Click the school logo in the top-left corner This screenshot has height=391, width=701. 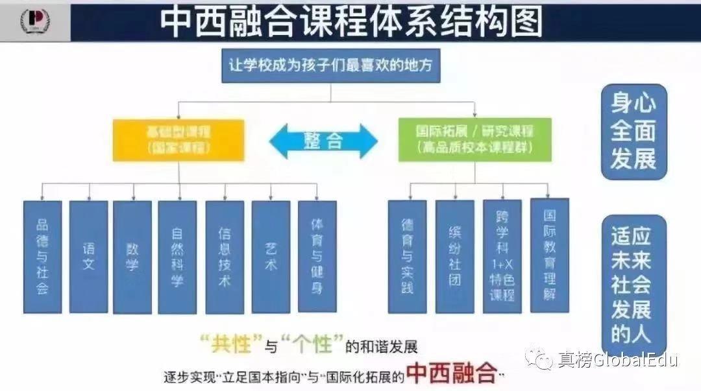point(35,21)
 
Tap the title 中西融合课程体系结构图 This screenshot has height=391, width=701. point(350,21)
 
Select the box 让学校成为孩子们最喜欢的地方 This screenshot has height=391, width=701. point(331,65)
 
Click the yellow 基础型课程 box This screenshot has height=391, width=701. point(178,139)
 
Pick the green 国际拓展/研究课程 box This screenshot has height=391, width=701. point(474,139)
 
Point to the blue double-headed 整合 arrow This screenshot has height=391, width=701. point(323,140)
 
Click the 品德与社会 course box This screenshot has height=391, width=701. point(42,257)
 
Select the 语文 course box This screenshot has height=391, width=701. point(88,257)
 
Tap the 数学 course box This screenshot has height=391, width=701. point(132,257)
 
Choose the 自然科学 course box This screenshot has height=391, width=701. point(177,257)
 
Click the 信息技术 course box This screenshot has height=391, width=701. point(225,257)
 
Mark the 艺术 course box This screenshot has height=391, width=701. point(271,257)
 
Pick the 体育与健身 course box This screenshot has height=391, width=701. point(317,257)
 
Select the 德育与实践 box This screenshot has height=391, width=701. point(407,257)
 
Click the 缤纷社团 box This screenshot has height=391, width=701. point(454,257)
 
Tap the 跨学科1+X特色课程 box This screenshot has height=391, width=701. point(502,257)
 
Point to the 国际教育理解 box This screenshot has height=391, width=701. point(549,255)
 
